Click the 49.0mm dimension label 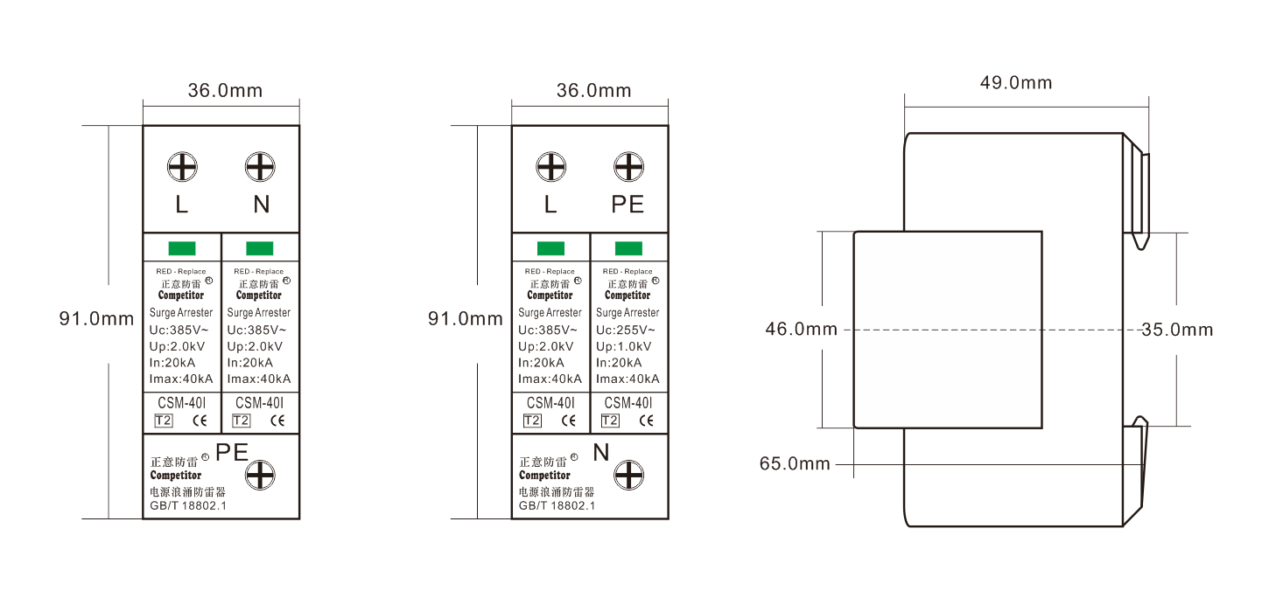tap(1016, 83)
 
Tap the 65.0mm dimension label tap(795, 463)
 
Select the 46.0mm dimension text tap(801, 329)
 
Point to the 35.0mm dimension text tap(1177, 330)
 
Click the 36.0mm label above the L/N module tap(225, 91)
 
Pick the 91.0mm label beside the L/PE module tap(465, 319)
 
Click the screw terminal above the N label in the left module tap(260, 167)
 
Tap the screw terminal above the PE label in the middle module tap(629, 167)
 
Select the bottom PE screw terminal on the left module tap(260, 475)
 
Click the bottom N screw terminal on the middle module tap(629, 475)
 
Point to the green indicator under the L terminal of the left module tap(182, 248)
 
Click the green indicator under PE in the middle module tap(629, 248)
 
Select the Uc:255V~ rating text tap(626, 330)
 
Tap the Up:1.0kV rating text tap(624, 346)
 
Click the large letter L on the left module tap(181, 205)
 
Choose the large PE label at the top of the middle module tap(627, 205)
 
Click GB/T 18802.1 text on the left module tap(188, 505)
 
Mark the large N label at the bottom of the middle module tap(601, 452)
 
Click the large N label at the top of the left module tap(261, 205)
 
